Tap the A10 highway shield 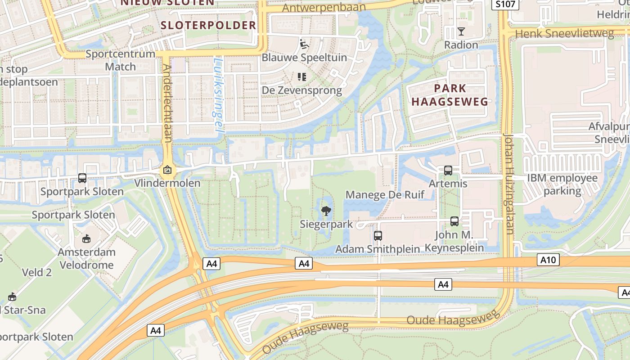tap(548, 260)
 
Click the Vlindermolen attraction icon tap(167, 170)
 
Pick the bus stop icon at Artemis tap(448, 171)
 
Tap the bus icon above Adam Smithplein tap(378, 235)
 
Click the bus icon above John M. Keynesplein tap(454, 221)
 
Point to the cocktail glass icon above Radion tap(461, 31)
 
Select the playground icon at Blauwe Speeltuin tap(304, 44)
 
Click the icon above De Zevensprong tap(302, 77)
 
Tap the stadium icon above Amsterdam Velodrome tap(86, 238)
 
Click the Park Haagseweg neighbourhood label tap(450, 94)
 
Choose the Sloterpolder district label tap(208, 25)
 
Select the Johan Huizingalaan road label tap(509, 184)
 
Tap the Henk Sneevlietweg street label tap(564, 33)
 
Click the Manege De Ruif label tap(385, 195)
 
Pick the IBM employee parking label tap(562, 184)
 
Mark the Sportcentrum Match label tap(120, 60)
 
